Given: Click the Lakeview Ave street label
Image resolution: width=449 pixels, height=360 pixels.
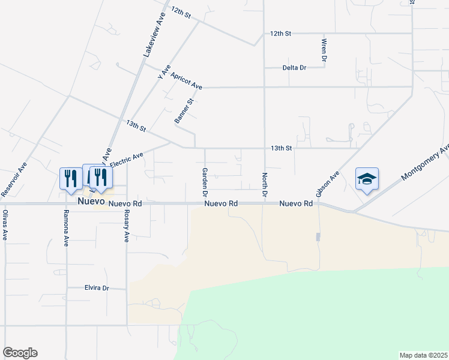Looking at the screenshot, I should [x=154, y=36].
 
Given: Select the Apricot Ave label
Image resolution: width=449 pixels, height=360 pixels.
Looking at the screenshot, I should [x=187, y=81].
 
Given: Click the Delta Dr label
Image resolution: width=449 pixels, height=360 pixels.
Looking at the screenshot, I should [x=294, y=68].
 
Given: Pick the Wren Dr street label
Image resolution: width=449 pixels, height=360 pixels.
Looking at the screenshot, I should [x=324, y=50].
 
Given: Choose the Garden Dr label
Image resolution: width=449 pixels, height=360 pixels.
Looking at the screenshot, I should [x=205, y=182].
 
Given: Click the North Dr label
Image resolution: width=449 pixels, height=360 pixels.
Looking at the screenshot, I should [x=264, y=185].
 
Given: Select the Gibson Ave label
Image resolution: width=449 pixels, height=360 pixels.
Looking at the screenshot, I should [x=328, y=184].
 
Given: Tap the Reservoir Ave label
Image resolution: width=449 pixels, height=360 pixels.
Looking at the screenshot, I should [x=14, y=179].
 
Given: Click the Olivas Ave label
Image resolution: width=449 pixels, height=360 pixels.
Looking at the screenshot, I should [x=5, y=225].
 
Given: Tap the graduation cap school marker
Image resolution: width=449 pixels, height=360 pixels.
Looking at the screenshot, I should [x=367, y=179].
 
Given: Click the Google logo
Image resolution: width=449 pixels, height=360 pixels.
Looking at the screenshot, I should [x=20, y=353].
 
